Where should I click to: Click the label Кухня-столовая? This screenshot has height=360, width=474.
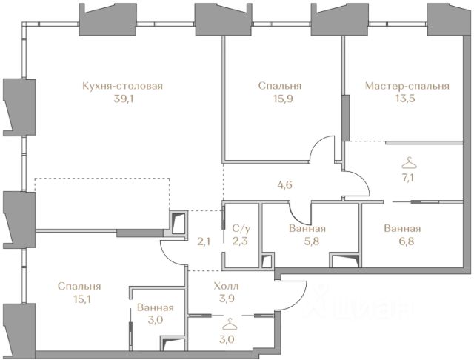(122, 86)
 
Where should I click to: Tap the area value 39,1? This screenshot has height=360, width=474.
(124, 99)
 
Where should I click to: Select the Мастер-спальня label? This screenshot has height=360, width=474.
(407, 87)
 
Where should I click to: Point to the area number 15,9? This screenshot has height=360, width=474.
(280, 99)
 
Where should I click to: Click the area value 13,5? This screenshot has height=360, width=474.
(405, 99)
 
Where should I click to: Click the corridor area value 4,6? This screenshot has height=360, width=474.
(284, 185)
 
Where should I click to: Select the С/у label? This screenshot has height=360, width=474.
(241, 229)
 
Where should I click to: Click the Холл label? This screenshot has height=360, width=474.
(226, 286)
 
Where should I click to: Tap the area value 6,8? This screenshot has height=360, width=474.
(402, 241)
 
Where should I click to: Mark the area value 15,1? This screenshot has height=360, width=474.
(82, 299)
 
